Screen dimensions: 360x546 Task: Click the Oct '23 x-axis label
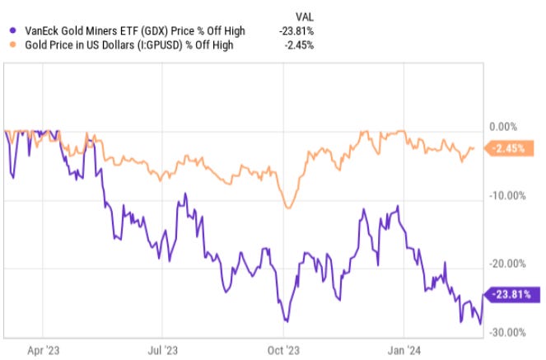coord(283,349)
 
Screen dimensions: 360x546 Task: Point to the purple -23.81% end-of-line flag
coord(513,294)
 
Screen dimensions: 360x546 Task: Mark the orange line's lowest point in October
coord(287,208)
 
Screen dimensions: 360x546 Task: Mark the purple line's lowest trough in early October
coord(286,321)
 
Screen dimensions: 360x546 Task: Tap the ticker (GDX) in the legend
coord(155,31)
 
